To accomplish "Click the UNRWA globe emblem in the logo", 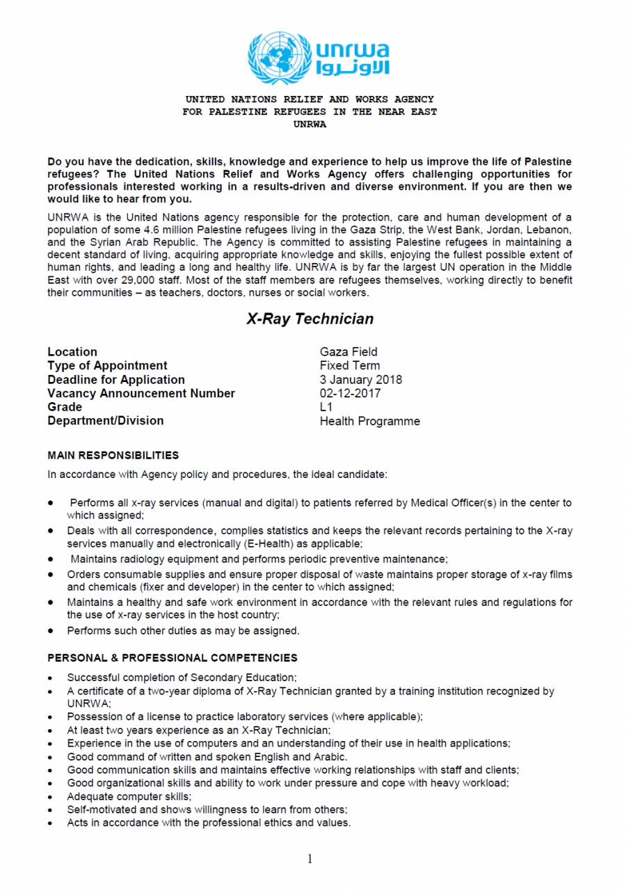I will (x=278, y=58).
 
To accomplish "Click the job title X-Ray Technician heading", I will (x=310, y=319).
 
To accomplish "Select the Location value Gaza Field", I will (x=348, y=352).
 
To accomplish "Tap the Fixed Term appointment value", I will (x=350, y=366).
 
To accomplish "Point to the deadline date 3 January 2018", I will (x=360, y=380).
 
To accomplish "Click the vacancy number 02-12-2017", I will (x=351, y=394).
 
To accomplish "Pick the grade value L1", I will (x=326, y=407).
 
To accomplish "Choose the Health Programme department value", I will (x=369, y=421).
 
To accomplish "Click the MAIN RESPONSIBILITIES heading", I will (x=113, y=456).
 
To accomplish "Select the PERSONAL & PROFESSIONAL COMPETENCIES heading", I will (x=172, y=658).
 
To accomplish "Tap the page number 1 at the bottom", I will (x=310, y=859).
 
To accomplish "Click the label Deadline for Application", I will (x=116, y=380).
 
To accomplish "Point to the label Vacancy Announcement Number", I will (x=141, y=394).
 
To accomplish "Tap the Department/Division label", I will (x=106, y=421).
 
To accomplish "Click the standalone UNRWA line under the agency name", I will (x=310, y=125).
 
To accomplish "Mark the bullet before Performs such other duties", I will (x=51, y=631).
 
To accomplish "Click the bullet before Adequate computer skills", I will (x=51, y=797).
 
